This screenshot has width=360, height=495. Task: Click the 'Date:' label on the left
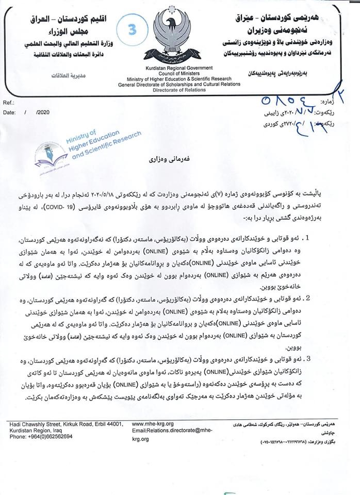pos(10,112)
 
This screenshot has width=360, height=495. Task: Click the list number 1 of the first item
pos(323,239)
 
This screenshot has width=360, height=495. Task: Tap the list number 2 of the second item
pos(323,299)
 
